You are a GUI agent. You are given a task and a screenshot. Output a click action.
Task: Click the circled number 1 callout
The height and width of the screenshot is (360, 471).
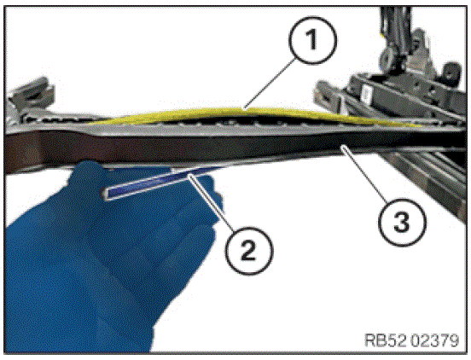(x=312, y=40)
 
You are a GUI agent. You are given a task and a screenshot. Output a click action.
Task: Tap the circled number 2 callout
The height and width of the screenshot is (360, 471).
(x=249, y=251)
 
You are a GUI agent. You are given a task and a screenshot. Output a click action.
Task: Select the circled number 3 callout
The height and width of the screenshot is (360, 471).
(x=402, y=222)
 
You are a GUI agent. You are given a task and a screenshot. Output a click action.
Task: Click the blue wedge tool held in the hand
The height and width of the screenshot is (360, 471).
(x=160, y=183)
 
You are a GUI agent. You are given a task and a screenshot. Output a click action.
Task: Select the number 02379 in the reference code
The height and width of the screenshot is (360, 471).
(x=434, y=340)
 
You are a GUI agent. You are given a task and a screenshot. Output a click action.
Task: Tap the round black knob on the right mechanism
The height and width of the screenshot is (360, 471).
(x=450, y=71)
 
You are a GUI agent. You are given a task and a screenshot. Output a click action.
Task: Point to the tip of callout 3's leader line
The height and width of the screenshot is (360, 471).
(x=341, y=146)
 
